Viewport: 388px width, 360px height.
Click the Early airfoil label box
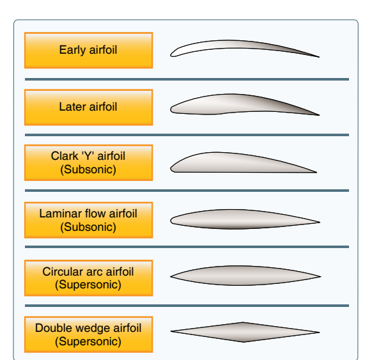tap(89, 51)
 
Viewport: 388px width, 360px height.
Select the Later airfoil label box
tap(89, 107)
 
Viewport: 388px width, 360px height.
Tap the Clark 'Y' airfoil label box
tap(89, 162)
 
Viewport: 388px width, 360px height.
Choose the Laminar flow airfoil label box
tap(89, 220)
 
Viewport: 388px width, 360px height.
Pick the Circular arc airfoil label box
tap(89, 278)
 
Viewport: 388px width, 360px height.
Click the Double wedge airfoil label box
tap(89, 334)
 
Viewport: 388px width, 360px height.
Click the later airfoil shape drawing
tap(244, 104)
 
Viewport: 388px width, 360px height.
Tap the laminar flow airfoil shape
tap(245, 219)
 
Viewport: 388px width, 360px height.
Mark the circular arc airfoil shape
tap(245, 276)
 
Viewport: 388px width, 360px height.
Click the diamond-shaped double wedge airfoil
tap(245, 332)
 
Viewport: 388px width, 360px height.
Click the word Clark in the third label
tap(65, 156)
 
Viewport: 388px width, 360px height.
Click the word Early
tap(72, 51)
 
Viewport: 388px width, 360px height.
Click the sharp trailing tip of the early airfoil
tap(319, 57)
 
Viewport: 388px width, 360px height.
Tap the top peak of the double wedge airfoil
tap(244, 322)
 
